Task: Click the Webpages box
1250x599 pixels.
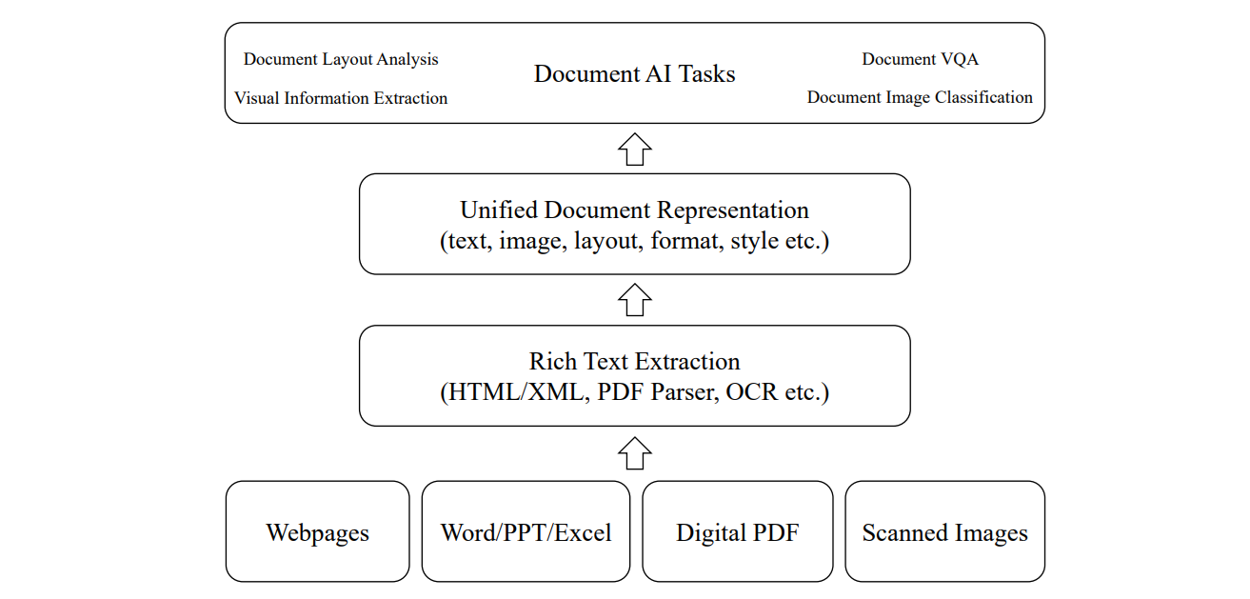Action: (317, 531)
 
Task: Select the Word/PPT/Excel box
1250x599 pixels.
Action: (526, 531)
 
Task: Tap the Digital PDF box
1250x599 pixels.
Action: (738, 531)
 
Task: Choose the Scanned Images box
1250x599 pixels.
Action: (944, 531)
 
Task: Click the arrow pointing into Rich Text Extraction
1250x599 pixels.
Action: (635, 453)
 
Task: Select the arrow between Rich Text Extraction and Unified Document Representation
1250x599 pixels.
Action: (635, 300)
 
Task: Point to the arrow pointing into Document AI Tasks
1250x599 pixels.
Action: (635, 149)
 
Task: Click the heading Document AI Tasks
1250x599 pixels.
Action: (634, 74)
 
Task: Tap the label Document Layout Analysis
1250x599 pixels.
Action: (341, 59)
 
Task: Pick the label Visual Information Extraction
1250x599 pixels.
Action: (341, 98)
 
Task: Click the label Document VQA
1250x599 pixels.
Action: (920, 59)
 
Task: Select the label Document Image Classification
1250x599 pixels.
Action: (920, 97)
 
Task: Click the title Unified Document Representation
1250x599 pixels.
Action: (634, 210)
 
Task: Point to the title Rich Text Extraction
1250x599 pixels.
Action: (634, 362)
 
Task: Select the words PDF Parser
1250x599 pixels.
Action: (657, 391)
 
